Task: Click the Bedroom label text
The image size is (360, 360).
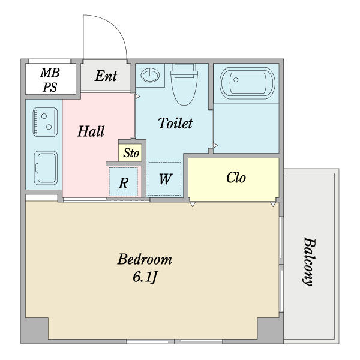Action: (145, 259)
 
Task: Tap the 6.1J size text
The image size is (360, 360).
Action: (145, 277)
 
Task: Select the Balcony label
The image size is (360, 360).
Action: (309, 262)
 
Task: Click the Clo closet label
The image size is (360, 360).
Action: (236, 178)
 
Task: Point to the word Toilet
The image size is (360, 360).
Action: (175, 123)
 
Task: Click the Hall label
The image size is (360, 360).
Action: (91, 131)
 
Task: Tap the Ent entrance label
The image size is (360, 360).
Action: (106, 76)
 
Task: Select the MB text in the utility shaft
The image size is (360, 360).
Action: (50, 73)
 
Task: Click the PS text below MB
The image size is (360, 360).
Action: (50, 87)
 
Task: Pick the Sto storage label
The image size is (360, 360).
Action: (131, 153)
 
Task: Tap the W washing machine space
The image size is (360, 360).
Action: (164, 179)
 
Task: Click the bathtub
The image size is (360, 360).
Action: (247, 83)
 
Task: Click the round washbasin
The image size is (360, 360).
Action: (150, 75)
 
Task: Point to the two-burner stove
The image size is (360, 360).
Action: (45, 122)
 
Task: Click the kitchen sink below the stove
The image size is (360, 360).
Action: (46, 168)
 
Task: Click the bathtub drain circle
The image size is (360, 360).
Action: (236, 80)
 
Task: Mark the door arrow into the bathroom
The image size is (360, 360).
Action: (215, 145)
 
